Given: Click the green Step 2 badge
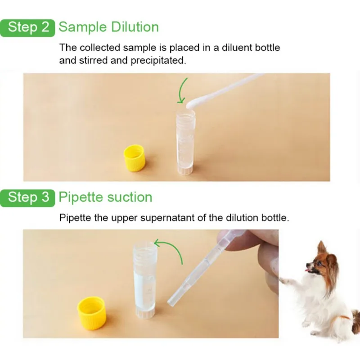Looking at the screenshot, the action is (x=27, y=28).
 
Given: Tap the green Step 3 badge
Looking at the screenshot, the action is (x=27, y=198).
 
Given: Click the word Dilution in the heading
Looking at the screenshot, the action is (x=135, y=27).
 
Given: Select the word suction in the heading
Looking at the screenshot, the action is (x=130, y=197).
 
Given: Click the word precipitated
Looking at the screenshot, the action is (x=158, y=61).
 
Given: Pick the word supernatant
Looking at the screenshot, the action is (x=167, y=218).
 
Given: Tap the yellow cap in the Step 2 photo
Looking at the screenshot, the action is (x=134, y=158).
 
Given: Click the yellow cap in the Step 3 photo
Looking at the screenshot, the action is (x=92, y=313).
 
